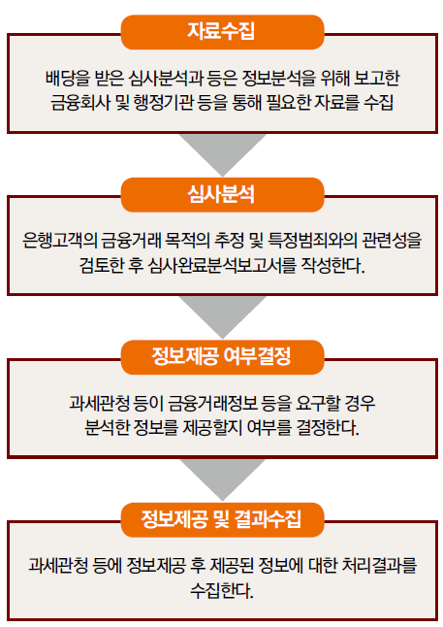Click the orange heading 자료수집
click(x=221, y=31)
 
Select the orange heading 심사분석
click(x=221, y=194)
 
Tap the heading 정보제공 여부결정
click(x=221, y=357)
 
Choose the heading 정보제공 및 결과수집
click(x=221, y=519)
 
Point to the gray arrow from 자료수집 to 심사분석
click(x=223, y=154)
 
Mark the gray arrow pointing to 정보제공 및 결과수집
click(x=223, y=479)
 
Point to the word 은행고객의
click(x=59, y=241)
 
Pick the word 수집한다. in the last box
click(x=222, y=590)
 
